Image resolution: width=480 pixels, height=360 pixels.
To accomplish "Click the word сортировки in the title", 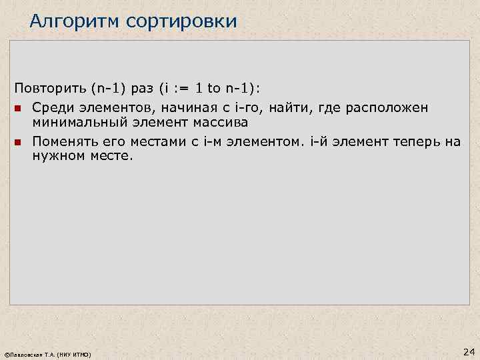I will (x=185, y=21).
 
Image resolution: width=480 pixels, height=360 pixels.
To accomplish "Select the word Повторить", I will (x=45, y=90).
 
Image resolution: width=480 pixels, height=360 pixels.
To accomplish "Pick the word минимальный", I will (x=79, y=123).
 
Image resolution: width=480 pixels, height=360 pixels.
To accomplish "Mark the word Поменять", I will (x=61, y=141).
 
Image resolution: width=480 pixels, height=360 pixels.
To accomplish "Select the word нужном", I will (x=55, y=156).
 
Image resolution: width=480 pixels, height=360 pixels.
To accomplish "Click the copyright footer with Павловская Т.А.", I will (x=47, y=353).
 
